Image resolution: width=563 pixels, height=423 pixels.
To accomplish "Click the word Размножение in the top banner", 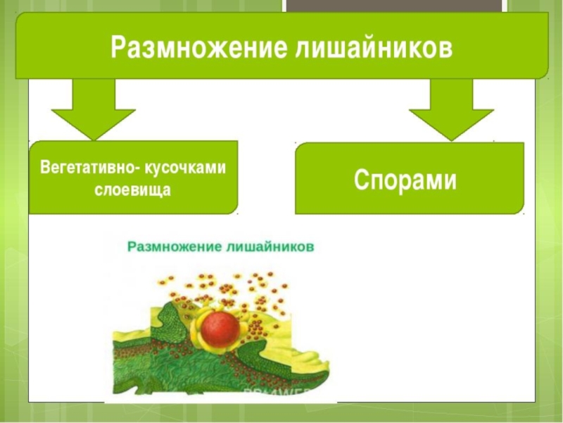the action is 188,47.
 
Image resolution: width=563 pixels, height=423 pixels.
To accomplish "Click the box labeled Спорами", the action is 409,178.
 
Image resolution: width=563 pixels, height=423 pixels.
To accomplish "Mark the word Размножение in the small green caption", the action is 172,247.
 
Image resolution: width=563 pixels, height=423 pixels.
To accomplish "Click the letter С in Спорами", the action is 362,180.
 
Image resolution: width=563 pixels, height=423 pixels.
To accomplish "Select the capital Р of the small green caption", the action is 132,247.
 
